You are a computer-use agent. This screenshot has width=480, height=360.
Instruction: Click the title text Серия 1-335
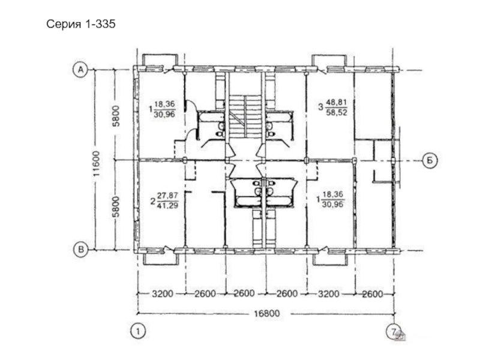tap(81, 24)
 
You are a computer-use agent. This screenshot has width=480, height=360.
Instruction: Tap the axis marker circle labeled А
tap(80, 70)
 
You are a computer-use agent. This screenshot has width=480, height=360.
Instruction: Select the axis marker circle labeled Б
tap(430, 160)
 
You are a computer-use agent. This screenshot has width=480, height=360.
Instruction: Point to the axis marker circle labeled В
tap(81, 249)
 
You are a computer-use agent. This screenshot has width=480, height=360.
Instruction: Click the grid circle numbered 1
tap(138, 331)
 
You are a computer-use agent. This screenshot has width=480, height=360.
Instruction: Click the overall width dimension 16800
tap(266, 313)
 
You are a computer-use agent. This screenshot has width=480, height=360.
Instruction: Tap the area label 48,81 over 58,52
tap(333, 107)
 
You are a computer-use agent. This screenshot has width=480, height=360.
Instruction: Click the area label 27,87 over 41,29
tap(164, 200)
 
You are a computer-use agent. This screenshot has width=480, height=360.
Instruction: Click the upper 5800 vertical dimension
tap(116, 116)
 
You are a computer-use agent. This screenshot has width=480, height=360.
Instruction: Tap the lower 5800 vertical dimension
tap(116, 206)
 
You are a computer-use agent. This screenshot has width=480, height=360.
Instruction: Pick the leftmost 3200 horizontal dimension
tap(162, 294)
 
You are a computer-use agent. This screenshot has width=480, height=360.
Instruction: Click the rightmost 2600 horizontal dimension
tap(372, 294)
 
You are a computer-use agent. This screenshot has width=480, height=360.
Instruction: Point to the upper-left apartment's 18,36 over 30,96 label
tap(162, 109)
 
